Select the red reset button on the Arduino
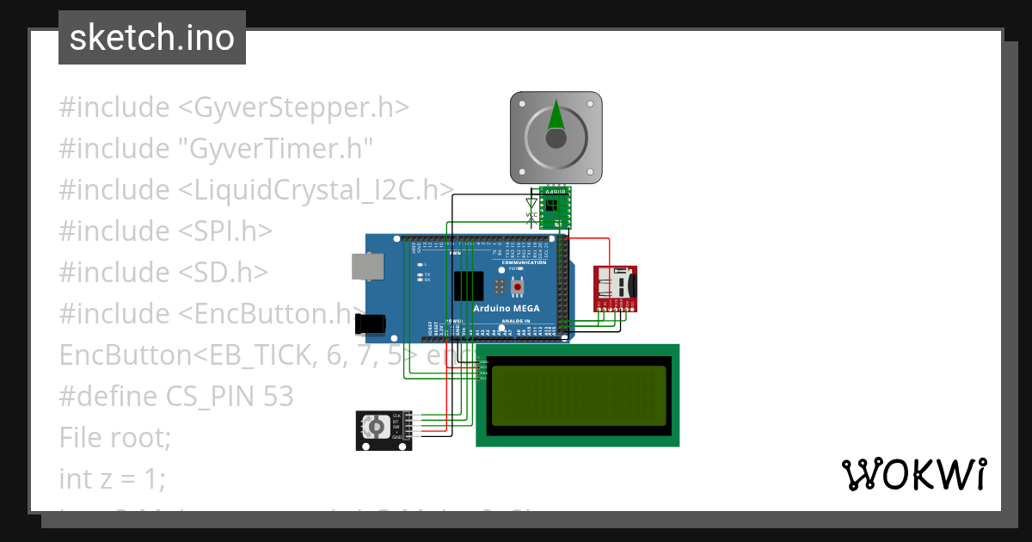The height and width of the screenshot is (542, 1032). pyautogui.click(x=518, y=285)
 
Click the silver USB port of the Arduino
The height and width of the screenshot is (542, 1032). pyautogui.click(x=368, y=267)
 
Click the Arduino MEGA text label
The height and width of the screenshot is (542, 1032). pyautogui.click(x=506, y=308)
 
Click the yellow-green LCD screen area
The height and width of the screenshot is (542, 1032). pyautogui.click(x=577, y=396)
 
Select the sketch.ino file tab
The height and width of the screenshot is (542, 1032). pyautogui.click(x=152, y=38)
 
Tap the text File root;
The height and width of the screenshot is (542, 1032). pyautogui.click(x=115, y=438)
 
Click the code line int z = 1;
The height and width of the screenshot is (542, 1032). pyautogui.click(x=112, y=478)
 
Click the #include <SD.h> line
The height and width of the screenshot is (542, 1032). pyautogui.click(x=163, y=273)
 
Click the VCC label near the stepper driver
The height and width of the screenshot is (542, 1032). pyautogui.click(x=531, y=214)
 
